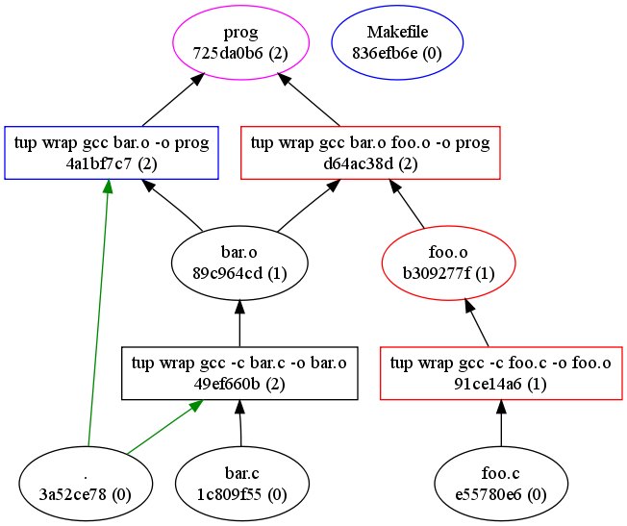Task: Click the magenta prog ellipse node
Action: click(x=240, y=44)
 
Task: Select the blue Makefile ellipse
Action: click(x=397, y=44)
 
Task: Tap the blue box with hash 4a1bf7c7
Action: click(x=108, y=152)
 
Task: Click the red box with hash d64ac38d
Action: click(x=370, y=152)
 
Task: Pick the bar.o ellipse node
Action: click(x=238, y=263)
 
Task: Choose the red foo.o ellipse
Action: click(x=448, y=263)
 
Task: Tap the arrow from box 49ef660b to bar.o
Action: click(x=238, y=322)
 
